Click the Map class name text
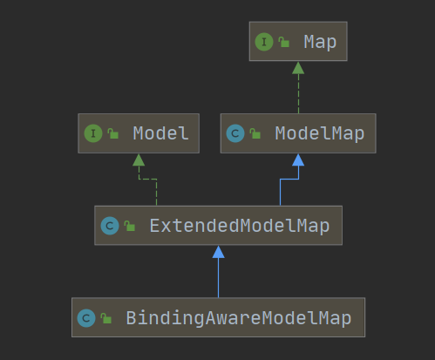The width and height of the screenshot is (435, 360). click(320, 43)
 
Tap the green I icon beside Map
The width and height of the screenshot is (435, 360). click(264, 42)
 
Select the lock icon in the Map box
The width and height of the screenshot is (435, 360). click(283, 42)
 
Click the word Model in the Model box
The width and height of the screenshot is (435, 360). click(160, 133)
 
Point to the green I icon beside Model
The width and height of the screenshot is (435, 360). click(93, 133)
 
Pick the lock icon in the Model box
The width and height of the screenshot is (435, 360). click(112, 133)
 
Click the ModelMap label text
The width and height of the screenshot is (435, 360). click(320, 134)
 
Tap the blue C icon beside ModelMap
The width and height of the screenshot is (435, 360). click(235, 133)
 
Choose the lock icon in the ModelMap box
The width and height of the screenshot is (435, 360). click(255, 133)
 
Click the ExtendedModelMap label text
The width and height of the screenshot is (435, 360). click(240, 226)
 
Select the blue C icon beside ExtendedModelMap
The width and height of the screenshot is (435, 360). click(110, 226)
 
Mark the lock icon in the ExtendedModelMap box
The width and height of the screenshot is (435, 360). click(129, 226)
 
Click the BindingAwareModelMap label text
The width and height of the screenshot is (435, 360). click(239, 318)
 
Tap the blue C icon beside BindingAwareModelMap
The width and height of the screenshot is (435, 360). click(86, 318)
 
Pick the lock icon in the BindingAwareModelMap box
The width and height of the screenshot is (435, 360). click(105, 318)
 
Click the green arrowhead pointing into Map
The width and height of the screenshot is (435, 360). click(298, 68)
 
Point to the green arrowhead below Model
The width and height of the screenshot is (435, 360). click(139, 160)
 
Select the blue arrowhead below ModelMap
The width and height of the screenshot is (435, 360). click(298, 160)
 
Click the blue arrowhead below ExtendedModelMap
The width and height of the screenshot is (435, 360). click(218, 252)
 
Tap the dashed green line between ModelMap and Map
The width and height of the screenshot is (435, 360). click(298, 93)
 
